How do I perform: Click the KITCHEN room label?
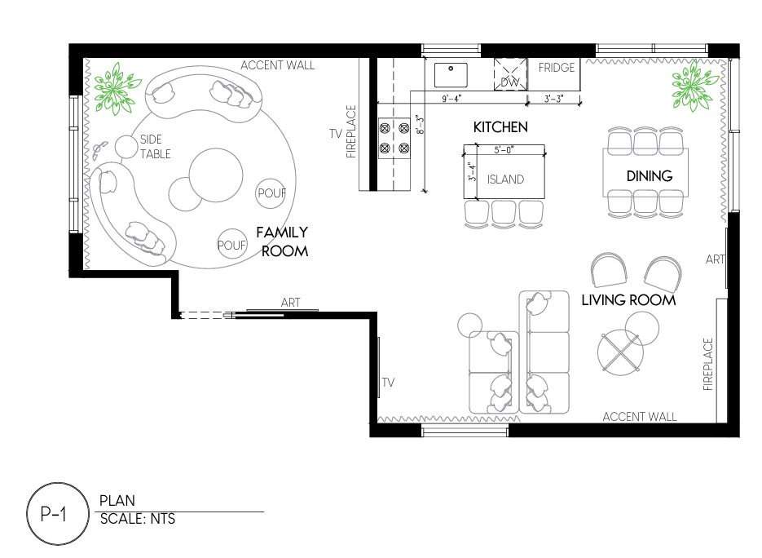[x=500, y=127]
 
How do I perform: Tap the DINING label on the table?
[x=650, y=175]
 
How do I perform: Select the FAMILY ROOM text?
[x=283, y=241]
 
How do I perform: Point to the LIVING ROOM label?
[x=628, y=299]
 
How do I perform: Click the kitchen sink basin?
[x=451, y=75]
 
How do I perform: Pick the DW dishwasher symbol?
[x=510, y=74]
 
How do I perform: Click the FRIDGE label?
[x=557, y=67]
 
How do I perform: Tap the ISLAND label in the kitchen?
[x=505, y=179]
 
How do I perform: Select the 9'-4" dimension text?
[x=451, y=99]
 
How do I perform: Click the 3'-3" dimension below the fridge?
[x=553, y=99]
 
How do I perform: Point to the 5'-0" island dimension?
[x=504, y=150]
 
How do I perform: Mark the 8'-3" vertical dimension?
[x=421, y=125]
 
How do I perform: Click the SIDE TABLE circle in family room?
[x=126, y=146]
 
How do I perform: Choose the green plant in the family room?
[x=117, y=89]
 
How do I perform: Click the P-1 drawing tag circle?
[x=58, y=514]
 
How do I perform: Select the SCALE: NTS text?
[x=138, y=519]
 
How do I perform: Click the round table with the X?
[x=620, y=352]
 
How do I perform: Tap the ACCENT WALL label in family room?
[x=277, y=65]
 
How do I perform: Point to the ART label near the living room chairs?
[x=715, y=259]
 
